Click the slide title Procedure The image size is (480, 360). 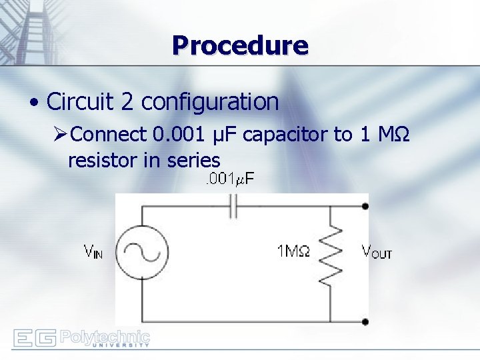[x=240, y=45]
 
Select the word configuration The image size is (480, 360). [x=210, y=102]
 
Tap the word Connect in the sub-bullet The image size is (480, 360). [x=108, y=135]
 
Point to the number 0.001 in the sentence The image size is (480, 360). [x=177, y=135]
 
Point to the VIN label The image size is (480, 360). [x=93, y=252]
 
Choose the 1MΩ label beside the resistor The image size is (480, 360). [x=293, y=251]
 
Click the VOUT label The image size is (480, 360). [x=376, y=251]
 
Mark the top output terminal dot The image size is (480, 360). [x=365, y=206]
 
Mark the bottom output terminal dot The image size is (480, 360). [x=365, y=321]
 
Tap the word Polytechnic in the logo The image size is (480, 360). [x=105, y=335]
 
